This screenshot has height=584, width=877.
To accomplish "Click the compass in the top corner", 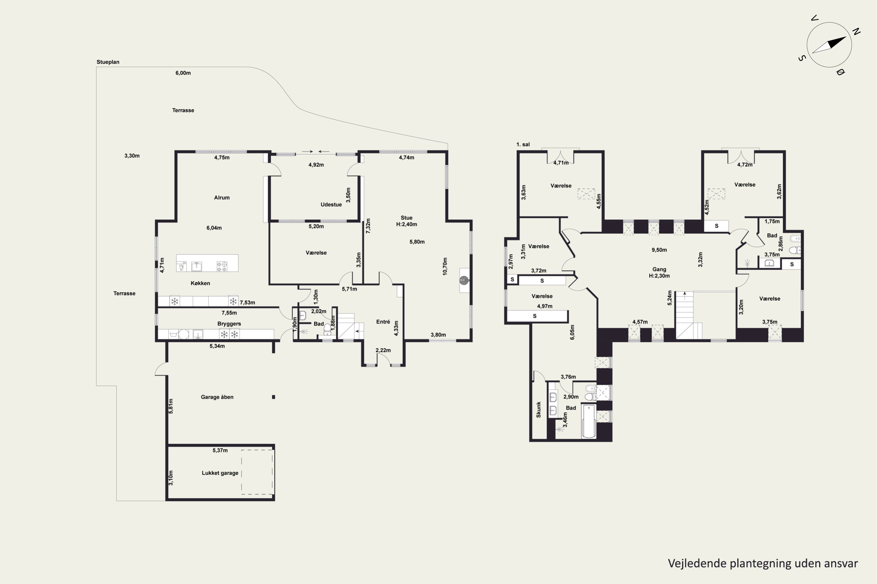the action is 829,45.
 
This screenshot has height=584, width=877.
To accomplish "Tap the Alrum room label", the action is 222,198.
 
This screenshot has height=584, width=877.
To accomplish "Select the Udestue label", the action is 331,205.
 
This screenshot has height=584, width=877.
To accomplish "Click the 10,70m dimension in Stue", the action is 445,266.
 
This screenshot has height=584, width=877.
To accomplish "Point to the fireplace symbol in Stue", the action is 464,280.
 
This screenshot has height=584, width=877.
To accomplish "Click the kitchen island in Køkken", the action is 207,263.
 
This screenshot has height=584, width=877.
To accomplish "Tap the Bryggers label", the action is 229,324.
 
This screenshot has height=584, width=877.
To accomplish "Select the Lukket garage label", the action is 220,473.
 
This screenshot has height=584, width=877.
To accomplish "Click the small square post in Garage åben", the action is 274,397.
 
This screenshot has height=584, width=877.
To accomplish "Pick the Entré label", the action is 383,322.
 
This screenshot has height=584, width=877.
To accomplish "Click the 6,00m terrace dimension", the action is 183,73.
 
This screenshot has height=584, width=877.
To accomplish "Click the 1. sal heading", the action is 523,145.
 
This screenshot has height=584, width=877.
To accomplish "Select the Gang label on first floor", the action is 659,269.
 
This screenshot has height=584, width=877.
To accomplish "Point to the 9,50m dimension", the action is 659,250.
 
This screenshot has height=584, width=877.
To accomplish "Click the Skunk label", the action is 538,409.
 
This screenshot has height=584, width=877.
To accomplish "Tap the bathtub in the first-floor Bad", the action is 589,421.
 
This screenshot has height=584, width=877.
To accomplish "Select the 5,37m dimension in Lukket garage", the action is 220,450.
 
